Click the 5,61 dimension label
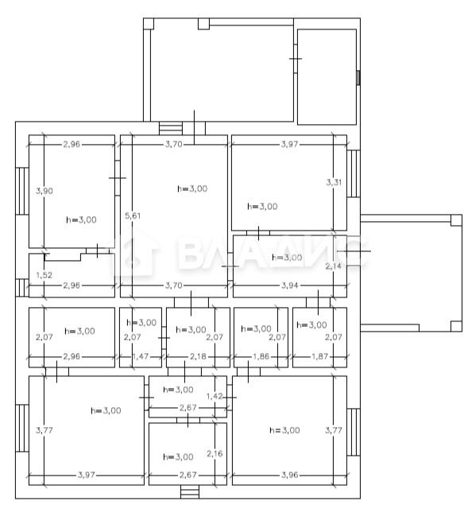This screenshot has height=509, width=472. [133, 216]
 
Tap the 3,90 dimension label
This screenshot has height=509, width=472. [44, 191]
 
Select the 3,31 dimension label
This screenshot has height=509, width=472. [334, 182]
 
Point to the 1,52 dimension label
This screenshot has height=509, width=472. [44, 275]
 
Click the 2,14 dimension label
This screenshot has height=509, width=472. [334, 266]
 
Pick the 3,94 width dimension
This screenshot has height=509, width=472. [290, 286]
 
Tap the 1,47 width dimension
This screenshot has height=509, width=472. [141, 356]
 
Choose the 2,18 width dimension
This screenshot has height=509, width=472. [198, 356]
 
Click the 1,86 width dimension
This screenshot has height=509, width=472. [261, 356]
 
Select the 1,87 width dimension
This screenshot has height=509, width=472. [320, 356]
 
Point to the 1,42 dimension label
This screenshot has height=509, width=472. [215, 396]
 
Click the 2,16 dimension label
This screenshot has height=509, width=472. [215, 453]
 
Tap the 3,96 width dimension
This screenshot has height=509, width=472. [289, 475]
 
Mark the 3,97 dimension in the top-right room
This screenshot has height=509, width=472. [289, 144]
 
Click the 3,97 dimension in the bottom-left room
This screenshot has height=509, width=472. [86, 475]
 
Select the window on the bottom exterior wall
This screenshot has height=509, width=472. [190, 492]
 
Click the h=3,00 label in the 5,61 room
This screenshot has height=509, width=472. [192, 188]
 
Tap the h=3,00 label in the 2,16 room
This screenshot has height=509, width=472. [178, 457]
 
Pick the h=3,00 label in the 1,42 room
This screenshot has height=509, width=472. [178, 390]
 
